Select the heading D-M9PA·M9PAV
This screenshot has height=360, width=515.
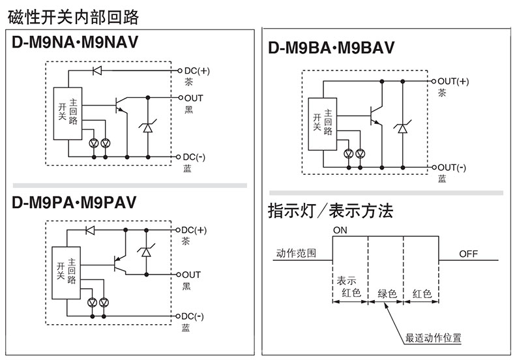pos(74,202)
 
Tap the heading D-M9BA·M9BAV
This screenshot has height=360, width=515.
pos(331,48)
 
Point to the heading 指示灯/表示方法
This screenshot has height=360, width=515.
pos(331,211)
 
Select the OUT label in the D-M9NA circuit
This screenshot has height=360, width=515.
pos(193,97)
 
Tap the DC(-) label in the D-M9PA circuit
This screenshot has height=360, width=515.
pos(194,317)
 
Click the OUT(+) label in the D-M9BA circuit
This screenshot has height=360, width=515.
pos(452,81)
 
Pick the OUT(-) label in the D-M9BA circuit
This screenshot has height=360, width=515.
pos(452,167)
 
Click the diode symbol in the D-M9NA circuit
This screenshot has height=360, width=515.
pos(98,70)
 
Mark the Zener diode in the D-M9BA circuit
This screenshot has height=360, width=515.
pos(402,128)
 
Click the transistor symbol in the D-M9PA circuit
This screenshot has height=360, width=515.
pos(120,264)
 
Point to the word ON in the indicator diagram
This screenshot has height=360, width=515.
pos(340,230)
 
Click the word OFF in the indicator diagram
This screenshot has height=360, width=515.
pos(468,254)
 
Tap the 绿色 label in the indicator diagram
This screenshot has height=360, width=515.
pos(387,293)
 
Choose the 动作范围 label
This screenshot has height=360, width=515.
pos(296,253)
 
